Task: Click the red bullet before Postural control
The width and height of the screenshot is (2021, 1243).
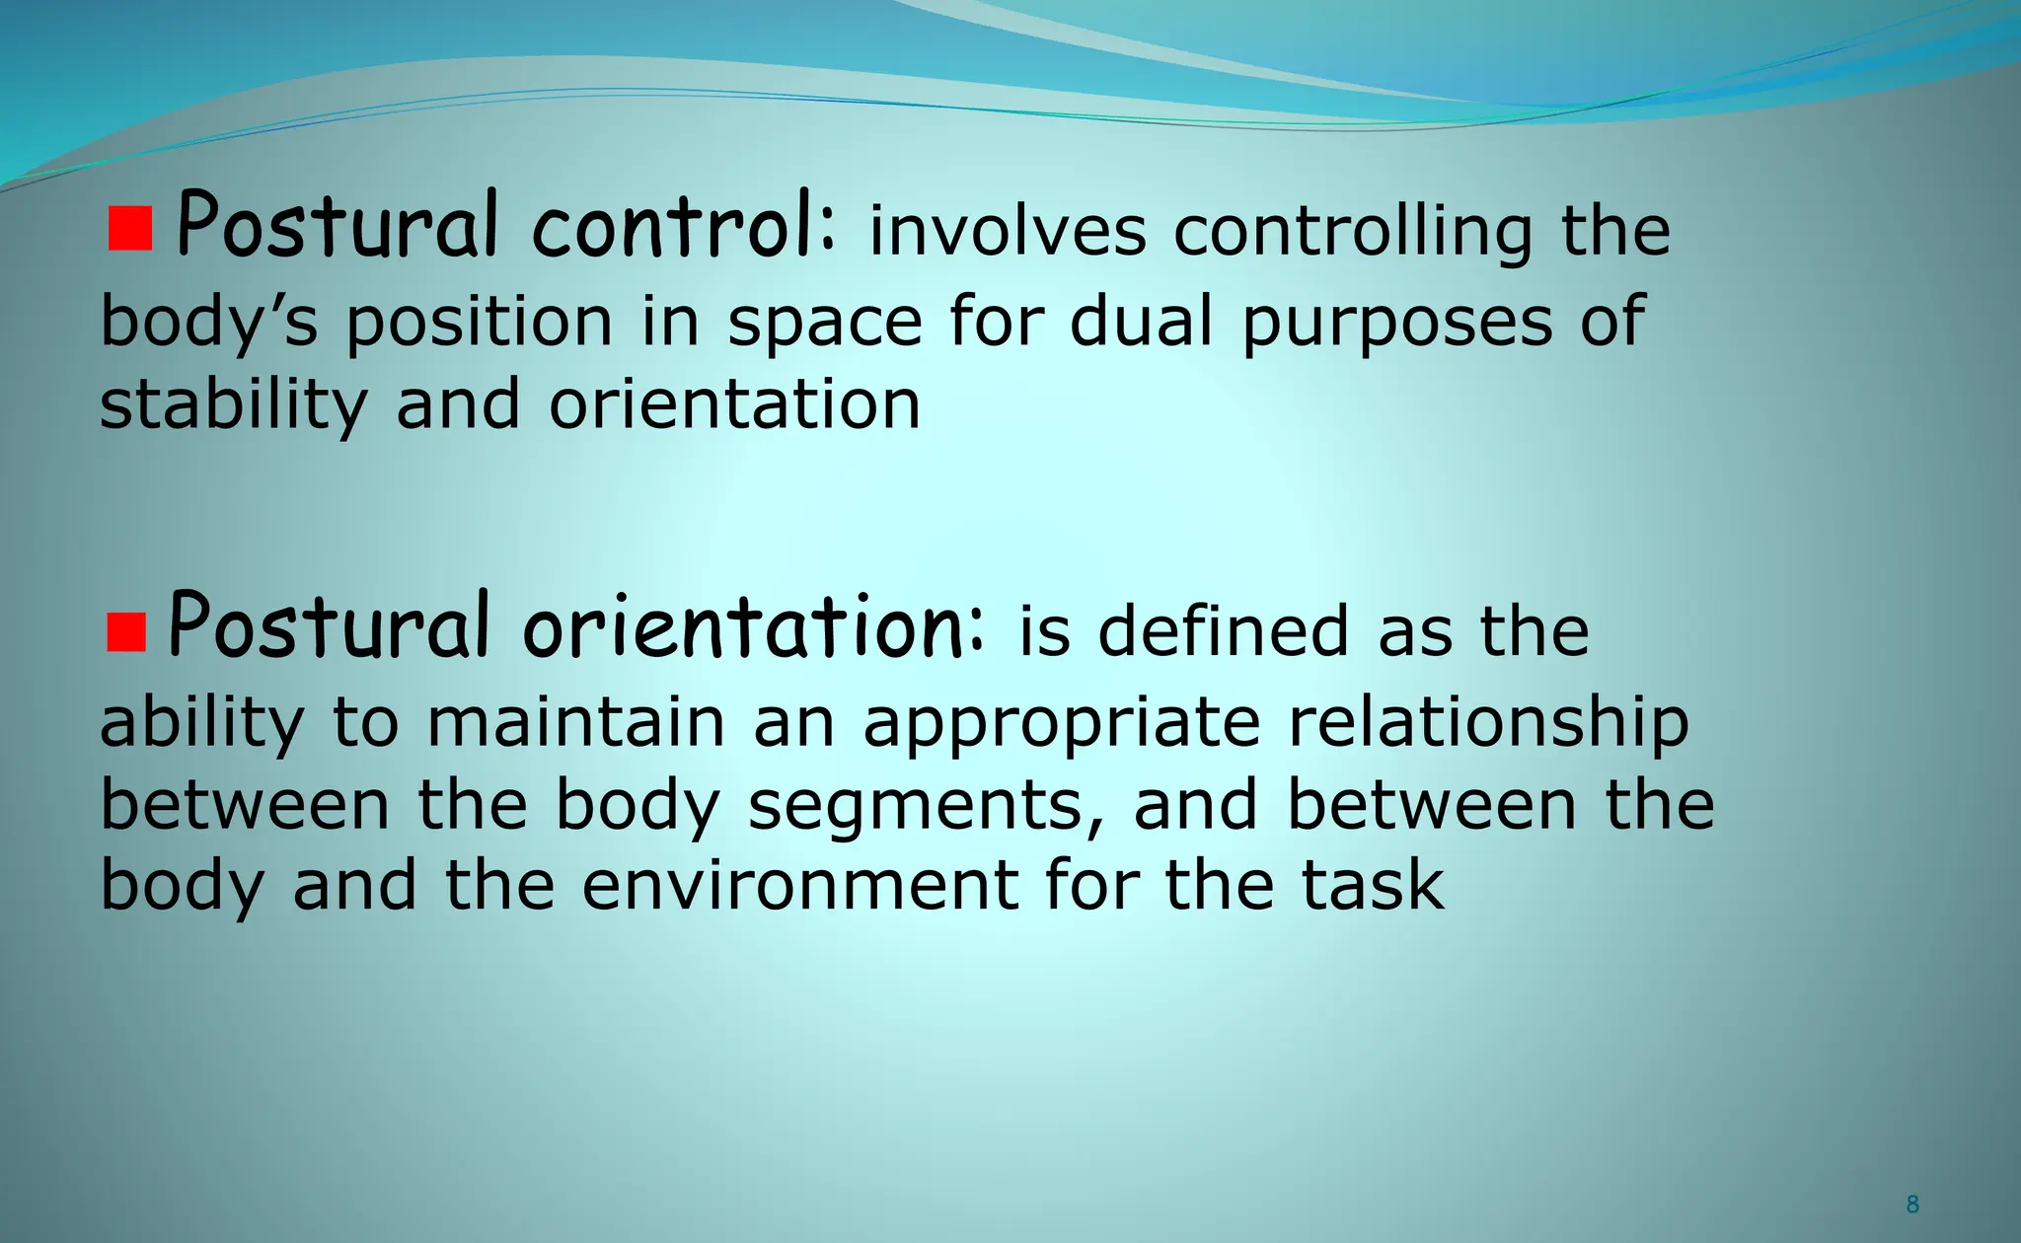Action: click(129, 229)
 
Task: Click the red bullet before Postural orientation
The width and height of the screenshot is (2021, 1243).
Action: click(126, 631)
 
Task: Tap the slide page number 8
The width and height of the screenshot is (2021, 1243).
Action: click(1912, 1204)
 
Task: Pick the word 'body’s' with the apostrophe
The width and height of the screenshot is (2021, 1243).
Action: click(209, 322)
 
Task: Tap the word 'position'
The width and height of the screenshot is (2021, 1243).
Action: click(480, 322)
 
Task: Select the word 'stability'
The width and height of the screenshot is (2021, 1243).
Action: click(233, 404)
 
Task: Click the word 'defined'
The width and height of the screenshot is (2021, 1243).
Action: click(1223, 631)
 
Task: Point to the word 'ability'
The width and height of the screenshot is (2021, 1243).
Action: click(201, 722)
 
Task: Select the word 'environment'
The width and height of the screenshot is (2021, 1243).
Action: click(799, 884)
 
